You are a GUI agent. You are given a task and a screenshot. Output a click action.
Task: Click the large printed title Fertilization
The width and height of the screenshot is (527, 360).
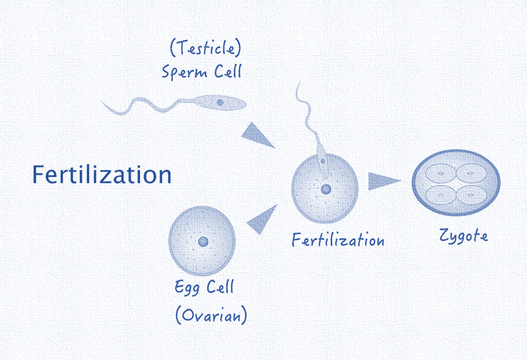coord(102,174)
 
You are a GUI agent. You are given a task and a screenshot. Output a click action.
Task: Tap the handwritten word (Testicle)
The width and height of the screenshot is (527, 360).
coord(205,48)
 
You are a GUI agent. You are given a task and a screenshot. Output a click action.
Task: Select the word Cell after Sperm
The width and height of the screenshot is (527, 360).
coord(228,71)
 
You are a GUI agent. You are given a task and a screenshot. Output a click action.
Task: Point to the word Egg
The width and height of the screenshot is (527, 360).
coord(187,287)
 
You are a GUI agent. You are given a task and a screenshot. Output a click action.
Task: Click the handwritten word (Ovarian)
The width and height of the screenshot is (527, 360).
coord(211,315)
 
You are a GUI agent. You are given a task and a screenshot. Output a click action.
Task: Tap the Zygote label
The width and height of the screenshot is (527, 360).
coord(464,235)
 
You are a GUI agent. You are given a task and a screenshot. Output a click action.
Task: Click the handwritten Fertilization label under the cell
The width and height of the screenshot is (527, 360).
coord(338,239)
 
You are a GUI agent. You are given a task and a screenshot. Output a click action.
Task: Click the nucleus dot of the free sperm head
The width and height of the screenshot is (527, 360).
coord(220,103)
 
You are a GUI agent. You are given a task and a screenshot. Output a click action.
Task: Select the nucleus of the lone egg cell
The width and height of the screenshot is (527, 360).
coord(203,241)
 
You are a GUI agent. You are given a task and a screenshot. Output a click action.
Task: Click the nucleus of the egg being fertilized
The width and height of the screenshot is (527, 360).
coord(326,189)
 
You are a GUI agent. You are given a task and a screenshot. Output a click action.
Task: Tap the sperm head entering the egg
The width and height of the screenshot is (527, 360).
coord(322,162)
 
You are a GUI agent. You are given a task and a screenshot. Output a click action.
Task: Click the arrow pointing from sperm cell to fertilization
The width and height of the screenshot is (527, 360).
coord(257,135)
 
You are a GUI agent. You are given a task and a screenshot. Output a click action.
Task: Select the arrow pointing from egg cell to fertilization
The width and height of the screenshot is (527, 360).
coord(262,219)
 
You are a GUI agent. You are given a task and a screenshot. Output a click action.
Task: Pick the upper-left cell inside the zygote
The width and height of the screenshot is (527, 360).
coord(441,173)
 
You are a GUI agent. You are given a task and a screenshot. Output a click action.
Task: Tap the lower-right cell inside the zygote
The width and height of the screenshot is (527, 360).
coord(471,195)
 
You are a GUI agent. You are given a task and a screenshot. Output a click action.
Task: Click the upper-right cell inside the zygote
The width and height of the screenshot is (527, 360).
coord(471,173)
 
